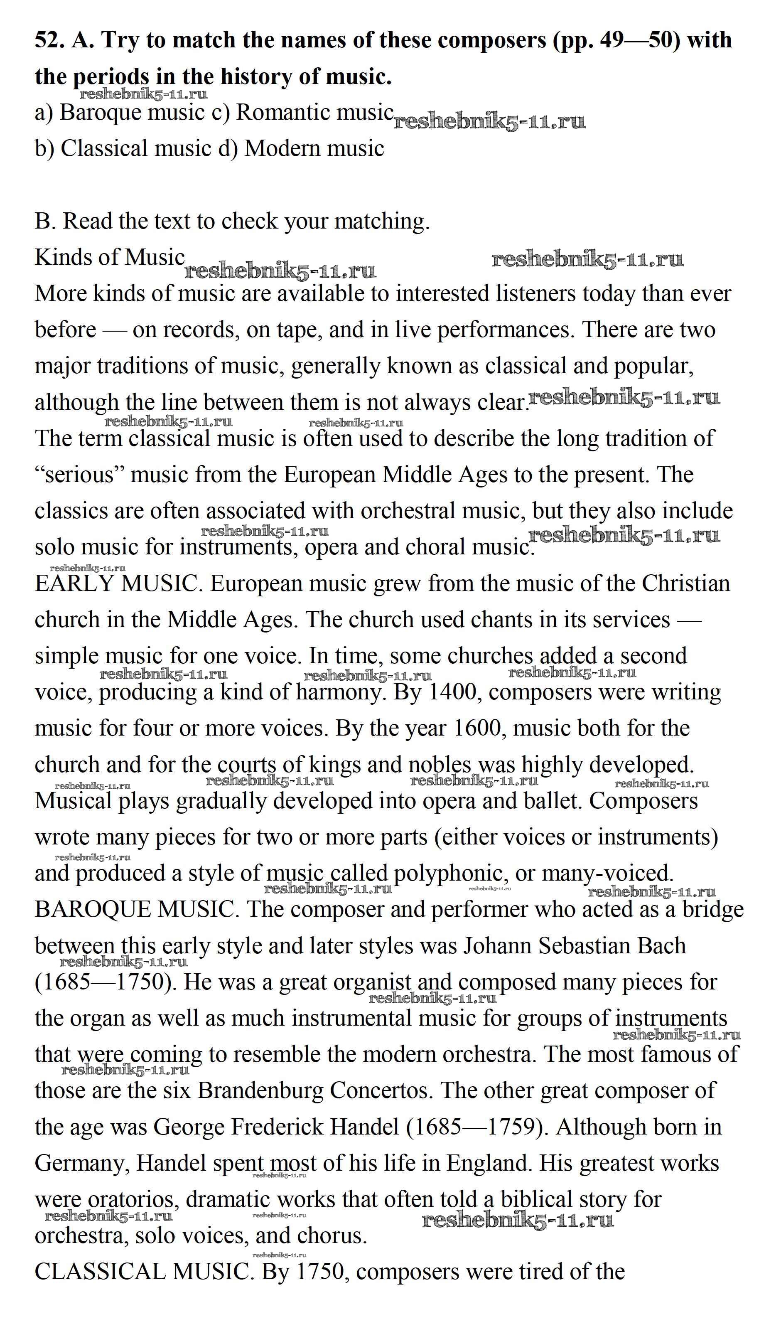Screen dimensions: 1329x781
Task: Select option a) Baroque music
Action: click(119, 112)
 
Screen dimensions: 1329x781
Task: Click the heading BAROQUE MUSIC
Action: click(135, 910)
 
